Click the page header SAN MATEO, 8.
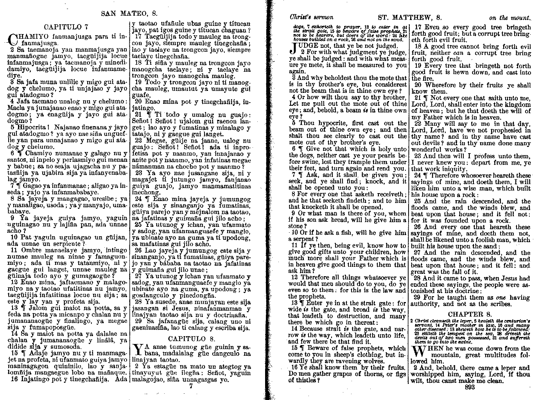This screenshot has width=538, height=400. tap(129, 13)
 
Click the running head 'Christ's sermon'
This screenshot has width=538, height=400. tap(311, 17)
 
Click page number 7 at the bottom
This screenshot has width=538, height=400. tap(191, 386)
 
